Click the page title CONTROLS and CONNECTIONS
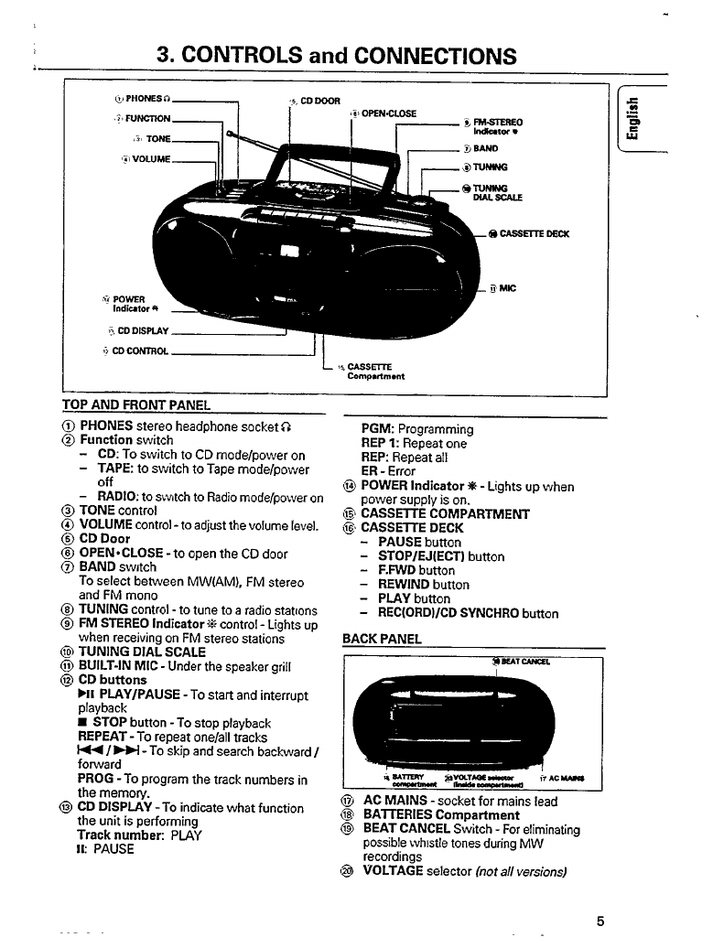pos(335,56)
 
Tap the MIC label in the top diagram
pos(508,289)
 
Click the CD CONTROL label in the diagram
pos(137,352)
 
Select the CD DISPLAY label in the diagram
pos(141,331)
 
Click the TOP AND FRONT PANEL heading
pos(136,404)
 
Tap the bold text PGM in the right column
pos(377,429)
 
